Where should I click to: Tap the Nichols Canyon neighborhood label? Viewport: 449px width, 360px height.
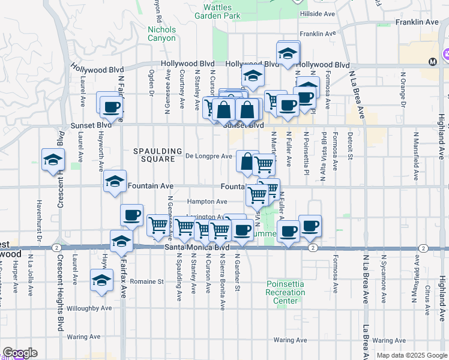tap(161, 34)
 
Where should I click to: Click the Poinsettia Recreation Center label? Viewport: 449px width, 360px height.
tap(286, 292)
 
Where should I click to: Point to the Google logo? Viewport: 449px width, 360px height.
tap(20, 353)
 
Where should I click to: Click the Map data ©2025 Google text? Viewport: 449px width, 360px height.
tap(411, 355)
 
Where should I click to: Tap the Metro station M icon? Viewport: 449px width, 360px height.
tap(432, 62)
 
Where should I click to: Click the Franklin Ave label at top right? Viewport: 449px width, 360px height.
tap(417, 22)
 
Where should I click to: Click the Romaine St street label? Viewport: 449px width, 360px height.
tap(148, 281)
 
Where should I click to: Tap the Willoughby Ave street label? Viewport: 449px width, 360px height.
tap(89, 308)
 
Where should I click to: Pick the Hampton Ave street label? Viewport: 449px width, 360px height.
tap(207, 202)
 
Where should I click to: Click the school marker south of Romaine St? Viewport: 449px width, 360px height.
tap(101, 280)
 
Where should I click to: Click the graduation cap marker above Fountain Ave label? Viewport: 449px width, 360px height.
tap(114, 181)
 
